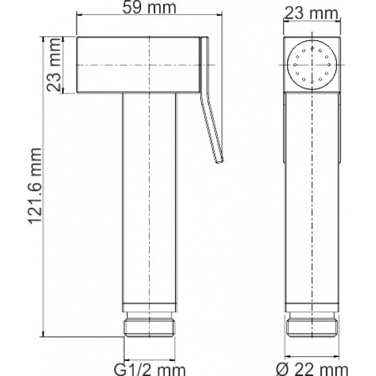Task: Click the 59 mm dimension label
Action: pos(149,8)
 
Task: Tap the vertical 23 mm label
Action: pos(53,65)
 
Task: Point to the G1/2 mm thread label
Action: pos(150,370)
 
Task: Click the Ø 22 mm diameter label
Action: pos(312,370)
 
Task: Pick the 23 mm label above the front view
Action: pos(312,13)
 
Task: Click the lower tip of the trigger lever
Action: pos(219,161)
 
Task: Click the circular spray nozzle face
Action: pos(312,65)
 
